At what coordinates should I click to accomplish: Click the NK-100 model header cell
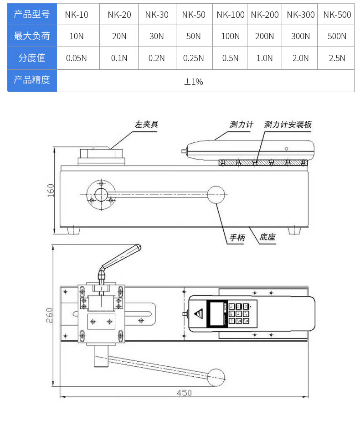(231, 15)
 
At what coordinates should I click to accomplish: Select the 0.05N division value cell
(77, 58)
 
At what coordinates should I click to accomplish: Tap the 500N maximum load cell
(337, 36)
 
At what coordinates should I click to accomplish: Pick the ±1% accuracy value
(193, 82)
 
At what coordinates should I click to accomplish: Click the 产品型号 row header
(32, 14)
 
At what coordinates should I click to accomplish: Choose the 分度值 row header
(32, 58)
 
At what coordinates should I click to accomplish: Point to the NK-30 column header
(157, 15)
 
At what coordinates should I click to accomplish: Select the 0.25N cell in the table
(194, 58)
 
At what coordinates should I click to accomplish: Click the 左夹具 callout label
(146, 124)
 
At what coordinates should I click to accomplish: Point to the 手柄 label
(237, 238)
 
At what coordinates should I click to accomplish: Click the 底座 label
(267, 238)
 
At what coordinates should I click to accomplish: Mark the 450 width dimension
(185, 393)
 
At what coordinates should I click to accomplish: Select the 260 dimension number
(50, 315)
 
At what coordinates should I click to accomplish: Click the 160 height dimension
(51, 190)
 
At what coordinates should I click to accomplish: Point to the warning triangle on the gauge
(199, 313)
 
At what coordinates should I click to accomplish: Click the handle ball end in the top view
(216, 377)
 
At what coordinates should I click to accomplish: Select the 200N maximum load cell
(264, 36)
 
